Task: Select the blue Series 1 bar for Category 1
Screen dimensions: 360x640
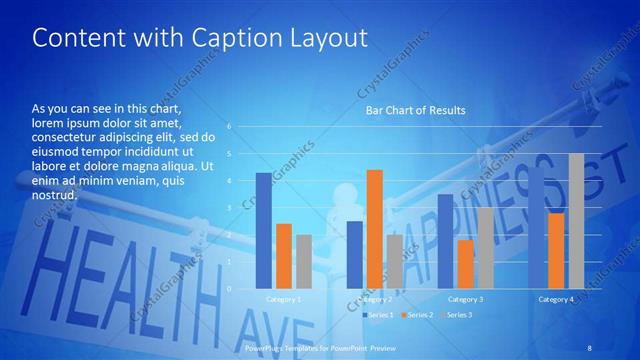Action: (x=263, y=230)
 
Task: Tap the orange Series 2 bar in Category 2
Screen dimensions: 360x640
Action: (x=375, y=229)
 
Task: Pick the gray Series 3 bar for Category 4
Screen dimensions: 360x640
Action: (x=576, y=221)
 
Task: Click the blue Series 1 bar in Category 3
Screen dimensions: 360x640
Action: (x=445, y=241)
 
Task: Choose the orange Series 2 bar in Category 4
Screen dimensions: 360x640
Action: (x=557, y=250)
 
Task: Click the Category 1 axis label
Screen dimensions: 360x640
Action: (x=283, y=299)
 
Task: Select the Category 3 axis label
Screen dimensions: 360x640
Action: (x=465, y=299)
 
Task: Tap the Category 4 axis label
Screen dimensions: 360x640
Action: (x=556, y=299)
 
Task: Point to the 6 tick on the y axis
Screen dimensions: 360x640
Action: (x=229, y=127)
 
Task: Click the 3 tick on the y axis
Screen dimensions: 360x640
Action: (x=229, y=208)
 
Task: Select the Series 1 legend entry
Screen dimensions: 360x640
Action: (x=378, y=315)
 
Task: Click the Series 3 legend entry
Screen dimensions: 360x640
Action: (x=457, y=315)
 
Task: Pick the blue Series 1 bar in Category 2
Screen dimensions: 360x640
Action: (x=354, y=255)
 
